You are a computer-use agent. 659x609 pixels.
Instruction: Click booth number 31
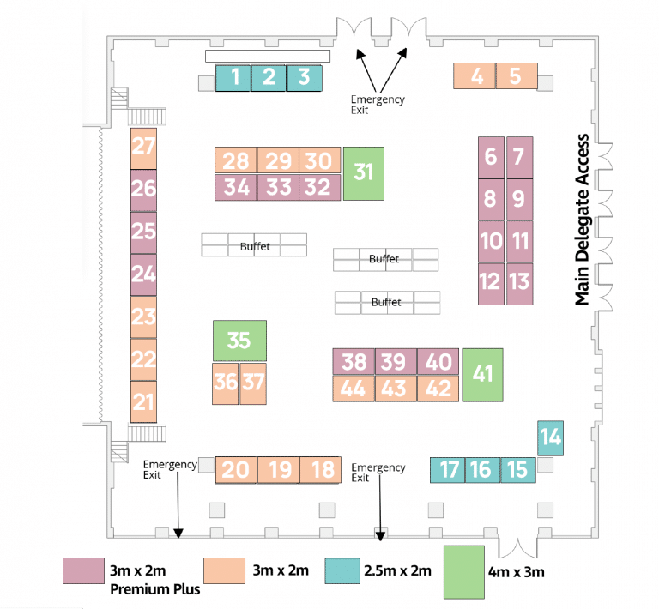(x=363, y=172)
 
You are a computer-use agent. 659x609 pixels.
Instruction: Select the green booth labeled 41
(x=482, y=374)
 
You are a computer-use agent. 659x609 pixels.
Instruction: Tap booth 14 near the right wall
(x=550, y=438)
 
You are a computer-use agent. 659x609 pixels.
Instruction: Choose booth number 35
(x=239, y=341)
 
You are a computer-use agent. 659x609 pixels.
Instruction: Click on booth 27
(x=143, y=148)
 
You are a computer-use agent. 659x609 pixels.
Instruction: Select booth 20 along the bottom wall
(x=235, y=469)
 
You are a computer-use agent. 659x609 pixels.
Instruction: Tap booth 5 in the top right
(x=516, y=75)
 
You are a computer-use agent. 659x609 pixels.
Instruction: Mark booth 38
(x=354, y=361)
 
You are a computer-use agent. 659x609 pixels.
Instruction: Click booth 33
(x=278, y=187)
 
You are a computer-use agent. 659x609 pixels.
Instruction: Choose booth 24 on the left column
(x=143, y=274)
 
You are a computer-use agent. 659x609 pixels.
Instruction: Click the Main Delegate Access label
(x=583, y=220)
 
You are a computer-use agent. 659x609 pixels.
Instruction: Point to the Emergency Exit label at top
(x=378, y=105)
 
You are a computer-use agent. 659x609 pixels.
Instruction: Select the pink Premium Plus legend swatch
(x=82, y=570)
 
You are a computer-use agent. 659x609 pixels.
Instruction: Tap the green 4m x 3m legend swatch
(x=463, y=571)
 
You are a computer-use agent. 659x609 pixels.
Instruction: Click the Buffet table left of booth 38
(x=254, y=246)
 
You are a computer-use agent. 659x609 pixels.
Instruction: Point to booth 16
(x=481, y=469)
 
